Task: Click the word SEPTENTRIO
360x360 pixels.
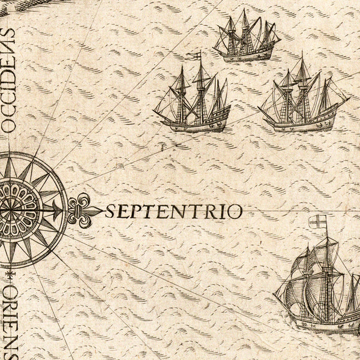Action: [x=174, y=211]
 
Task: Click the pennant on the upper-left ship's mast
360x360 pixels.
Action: [x=193, y=56]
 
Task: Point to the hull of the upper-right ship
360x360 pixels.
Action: [x=300, y=125]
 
